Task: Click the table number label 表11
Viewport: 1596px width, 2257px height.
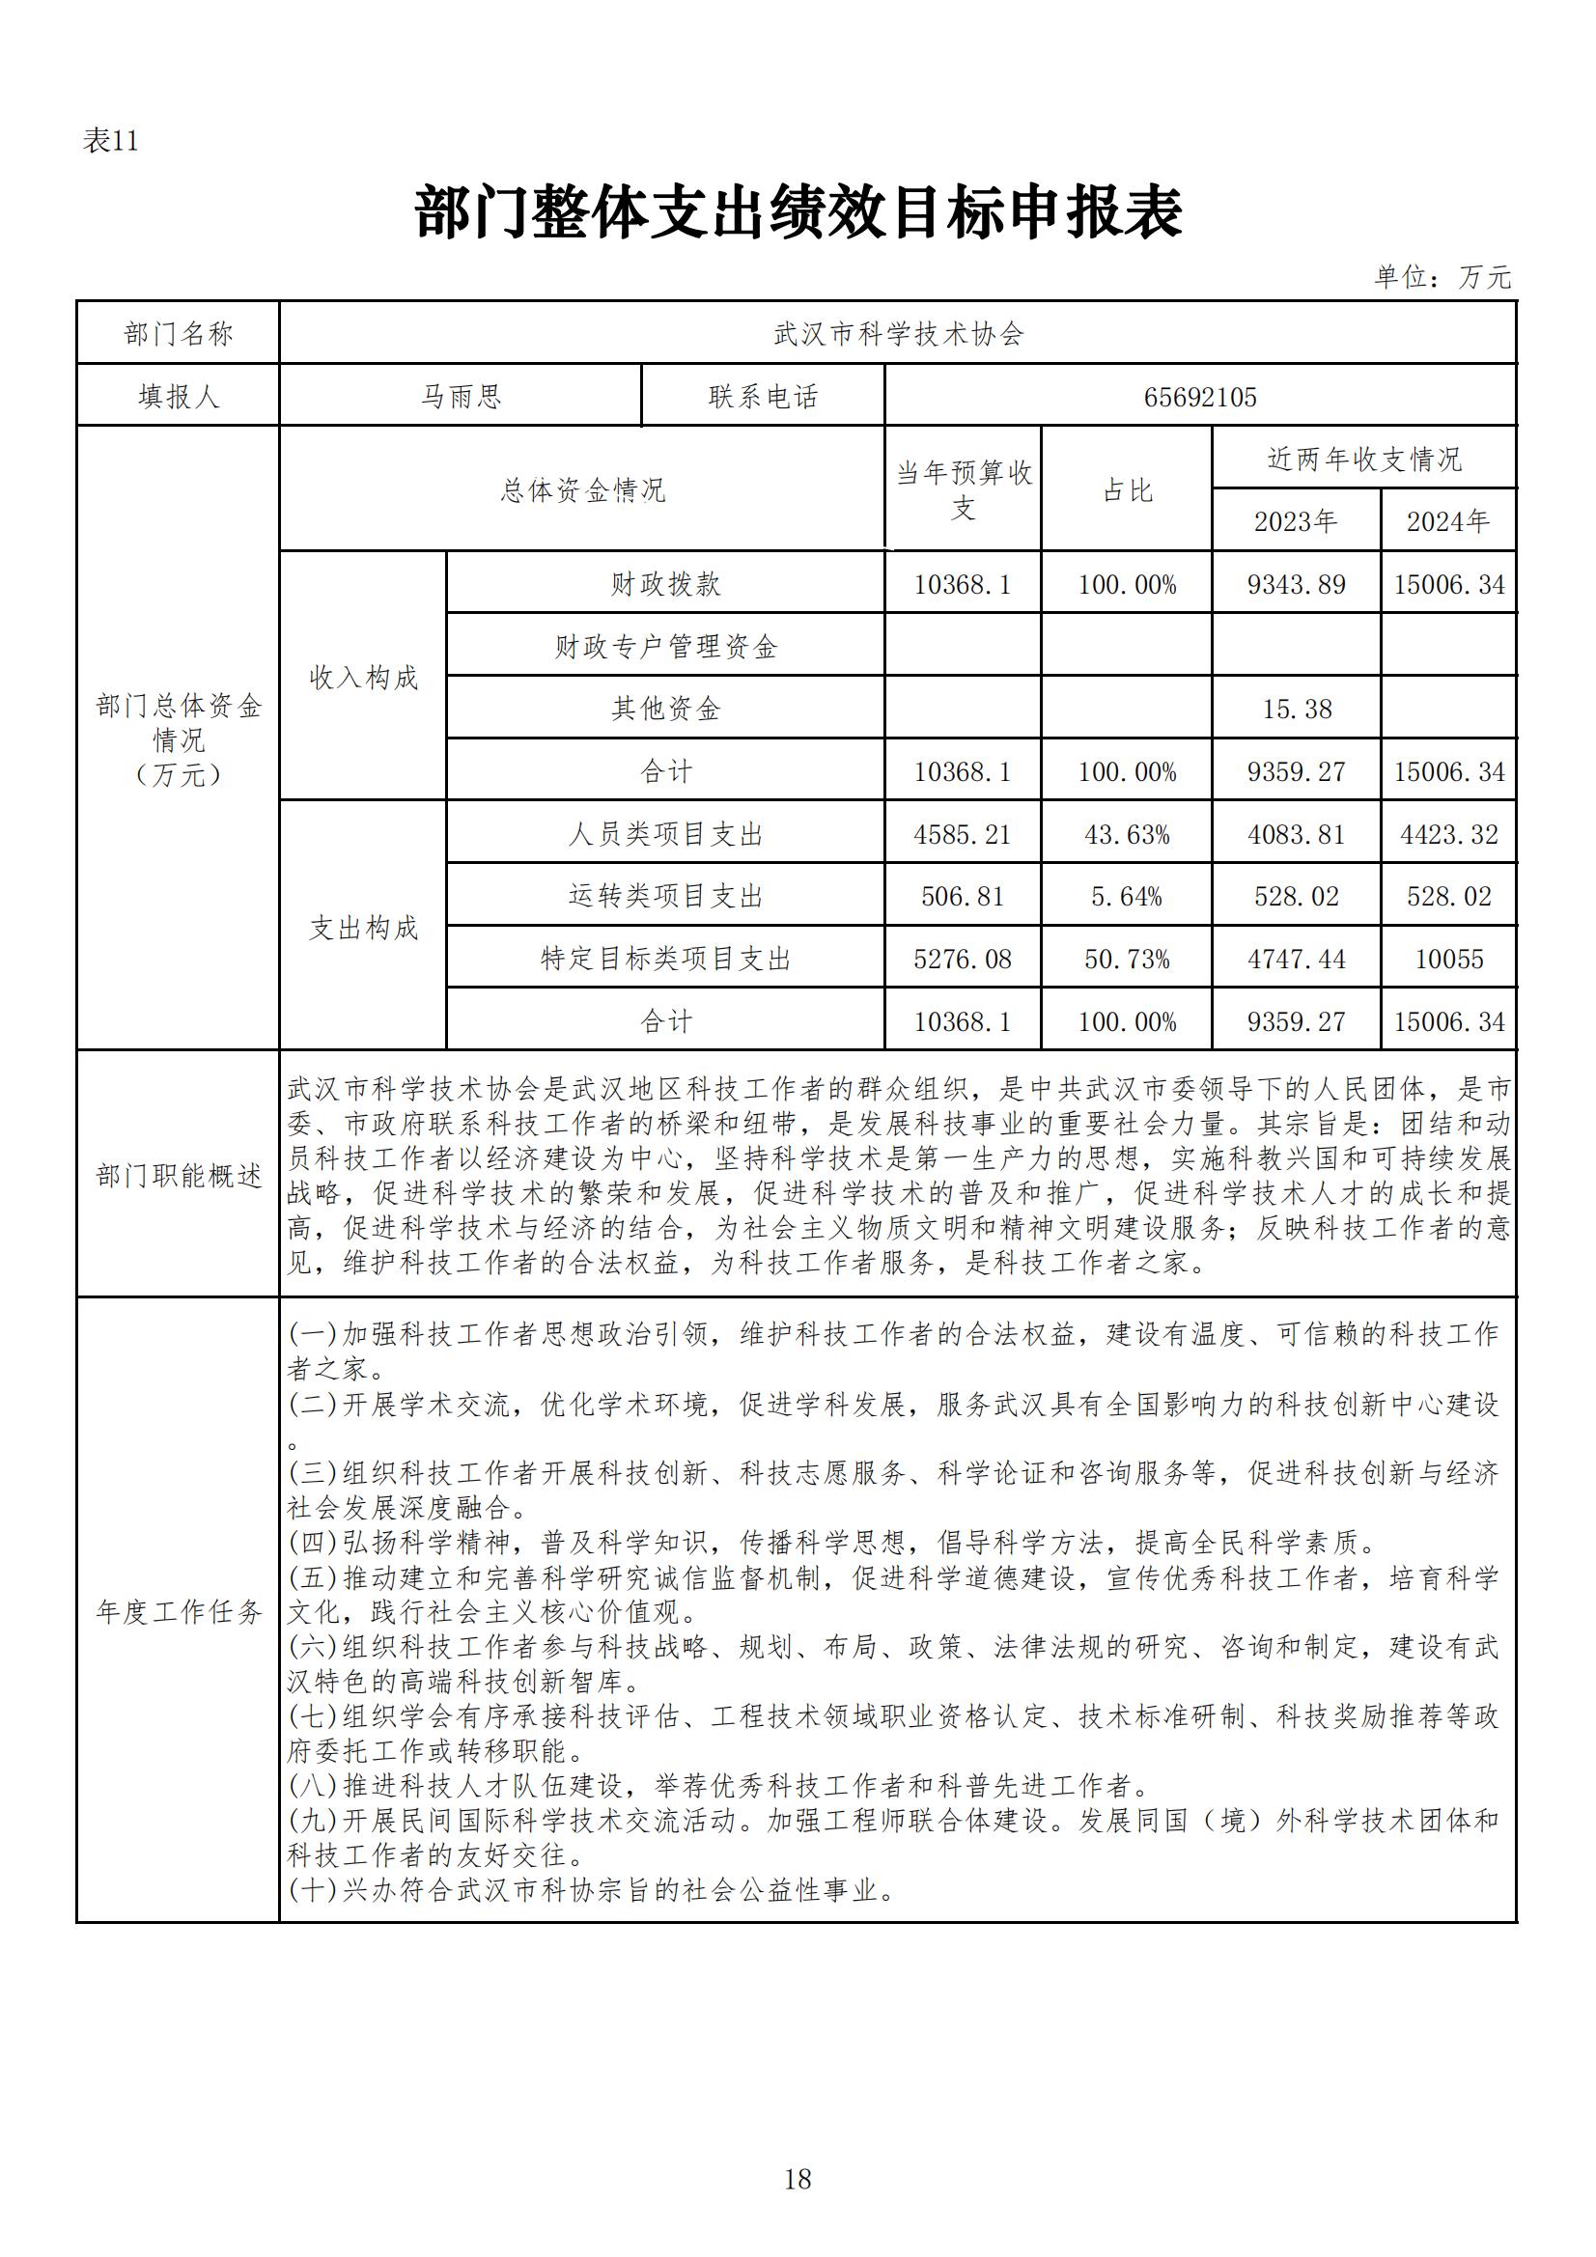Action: [x=110, y=141]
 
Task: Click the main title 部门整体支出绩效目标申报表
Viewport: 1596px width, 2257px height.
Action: [x=798, y=212]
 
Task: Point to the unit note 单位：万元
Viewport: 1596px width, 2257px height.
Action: [x=1442, y=277]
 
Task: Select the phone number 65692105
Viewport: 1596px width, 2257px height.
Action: [x=1200, y=397]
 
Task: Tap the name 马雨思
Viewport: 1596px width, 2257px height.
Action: [x=462, y=397]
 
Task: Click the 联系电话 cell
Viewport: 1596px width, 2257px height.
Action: [x=763, y=397]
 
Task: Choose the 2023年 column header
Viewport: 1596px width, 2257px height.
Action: [x=1295, y=521]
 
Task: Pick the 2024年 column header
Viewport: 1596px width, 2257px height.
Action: [x=1447, y=521]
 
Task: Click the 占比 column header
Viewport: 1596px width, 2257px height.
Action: [x=1127, y=490]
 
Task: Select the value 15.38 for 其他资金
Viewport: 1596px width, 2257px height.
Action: [x=1296, y=709]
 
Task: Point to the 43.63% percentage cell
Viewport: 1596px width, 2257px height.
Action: [x=1127, y=835]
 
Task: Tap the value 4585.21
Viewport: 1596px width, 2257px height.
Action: [x=962, y=835]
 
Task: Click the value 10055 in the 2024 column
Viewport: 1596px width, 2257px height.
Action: [x=1448, y=960]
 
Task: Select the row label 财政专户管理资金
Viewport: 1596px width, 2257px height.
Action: [x=666, y=647]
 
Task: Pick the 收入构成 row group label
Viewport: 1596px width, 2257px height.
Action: [x=364, y=678]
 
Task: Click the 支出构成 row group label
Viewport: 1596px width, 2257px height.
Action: [x=364, y=928]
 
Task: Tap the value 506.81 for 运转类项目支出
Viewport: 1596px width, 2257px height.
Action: [x=962, y=897]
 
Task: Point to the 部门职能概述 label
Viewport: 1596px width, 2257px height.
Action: [x=179, y=1176]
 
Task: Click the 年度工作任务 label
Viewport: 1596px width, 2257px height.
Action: [x=179, y=1612]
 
